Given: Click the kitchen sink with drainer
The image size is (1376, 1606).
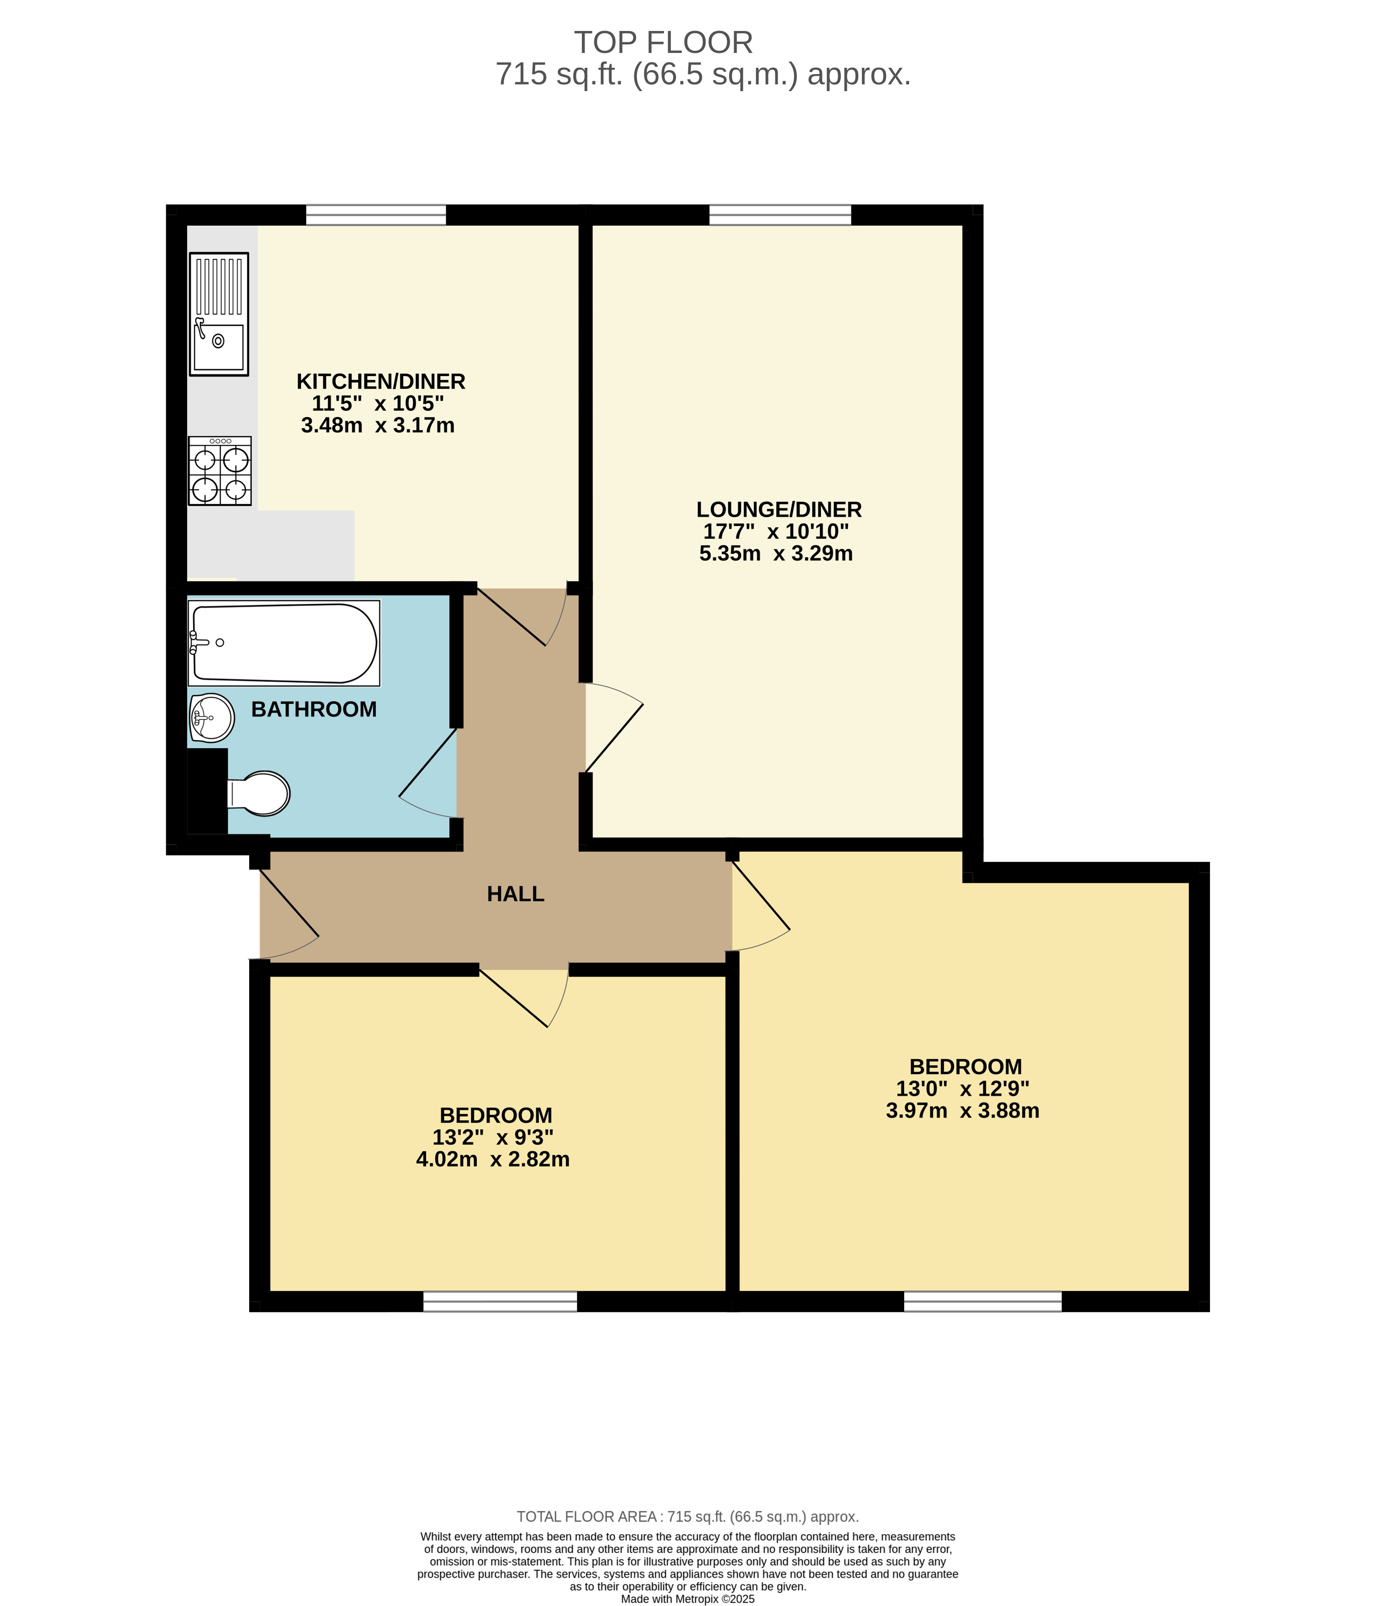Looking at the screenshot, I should (219, 314).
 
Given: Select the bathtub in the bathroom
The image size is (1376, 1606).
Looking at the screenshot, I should (284, 643).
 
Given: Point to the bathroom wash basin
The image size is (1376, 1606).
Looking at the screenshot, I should (211, 717).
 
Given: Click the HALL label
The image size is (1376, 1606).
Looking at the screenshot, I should (515, 895).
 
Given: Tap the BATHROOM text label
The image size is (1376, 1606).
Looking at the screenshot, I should (314, 709).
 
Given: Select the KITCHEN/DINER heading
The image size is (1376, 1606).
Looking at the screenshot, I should (381, 382).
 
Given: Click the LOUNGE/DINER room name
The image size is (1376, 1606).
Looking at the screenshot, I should (778, 509).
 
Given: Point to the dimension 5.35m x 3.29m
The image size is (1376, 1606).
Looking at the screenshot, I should (775, 553).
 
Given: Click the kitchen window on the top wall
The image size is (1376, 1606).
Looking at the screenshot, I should (376, 215).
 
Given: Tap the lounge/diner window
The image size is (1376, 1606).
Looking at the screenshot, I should (780, 215).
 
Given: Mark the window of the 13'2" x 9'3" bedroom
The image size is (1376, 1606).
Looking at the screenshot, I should (500, 1301).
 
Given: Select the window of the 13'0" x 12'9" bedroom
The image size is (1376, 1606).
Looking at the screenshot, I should (982, 1301).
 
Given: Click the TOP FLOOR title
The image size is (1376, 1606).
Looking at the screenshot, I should (663, 43).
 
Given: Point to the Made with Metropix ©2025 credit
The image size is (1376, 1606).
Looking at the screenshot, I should (688, 1598).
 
